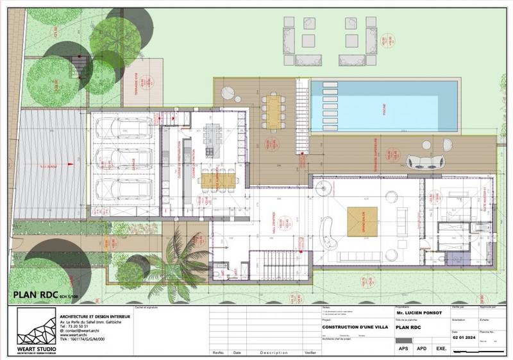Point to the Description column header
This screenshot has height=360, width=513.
tap(274, 353)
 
